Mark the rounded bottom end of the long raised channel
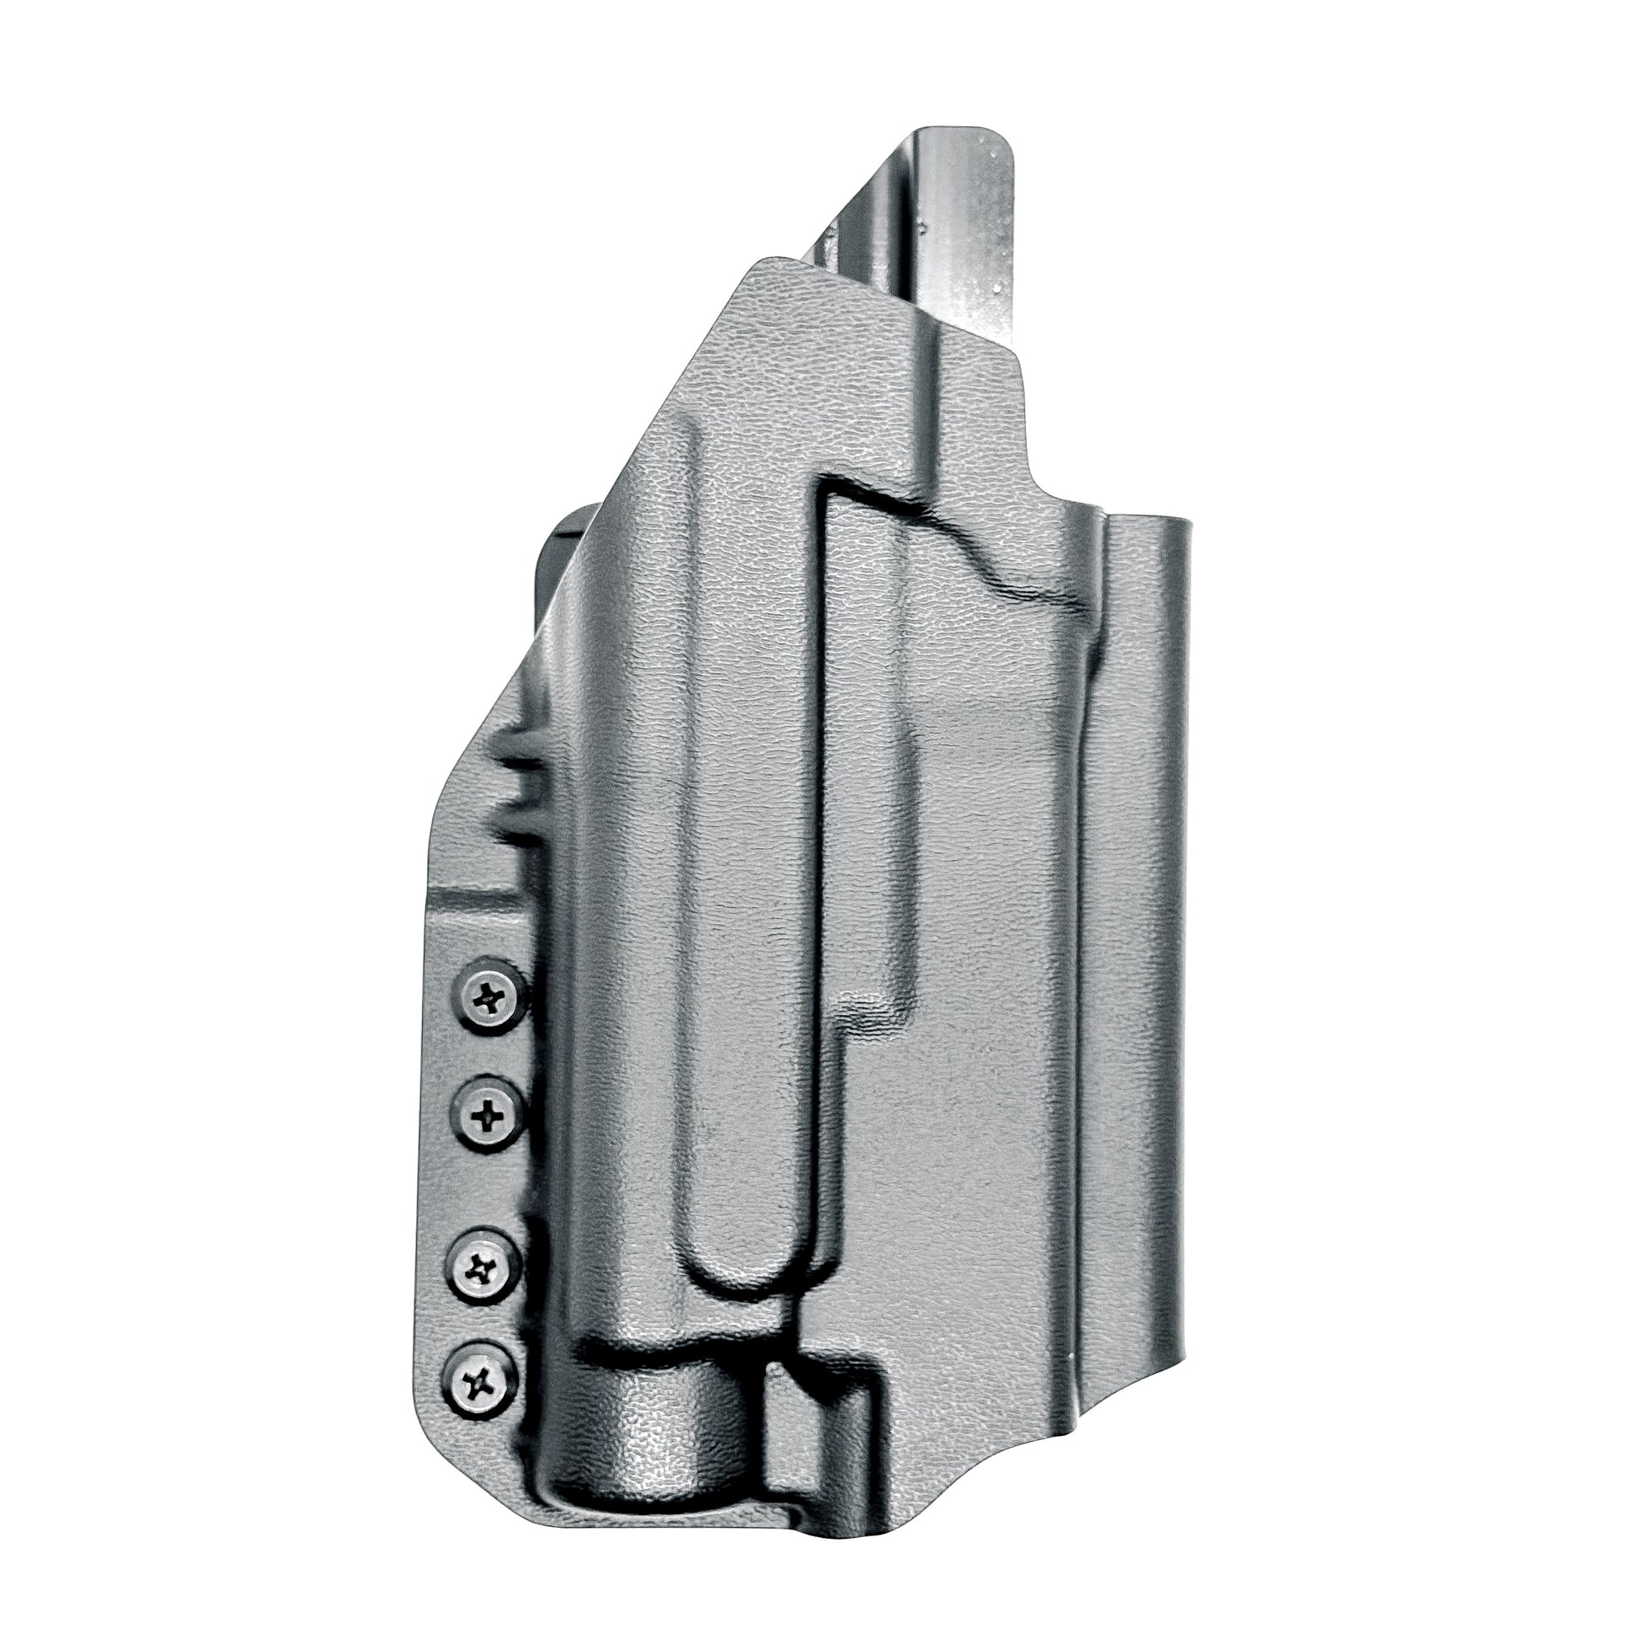click(x=746, y=1273)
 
